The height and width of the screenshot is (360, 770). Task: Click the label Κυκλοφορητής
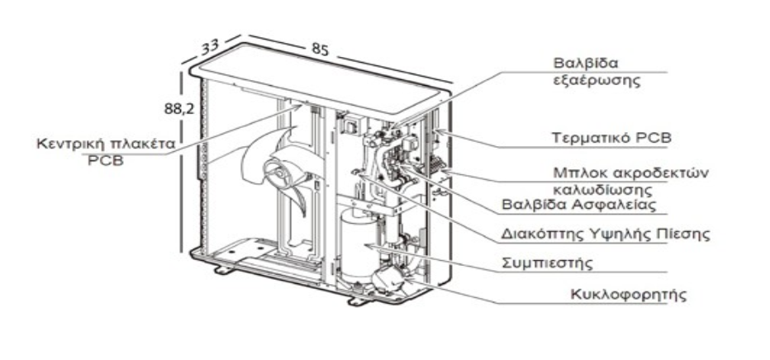pyautogui.click(x=618, y=294)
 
